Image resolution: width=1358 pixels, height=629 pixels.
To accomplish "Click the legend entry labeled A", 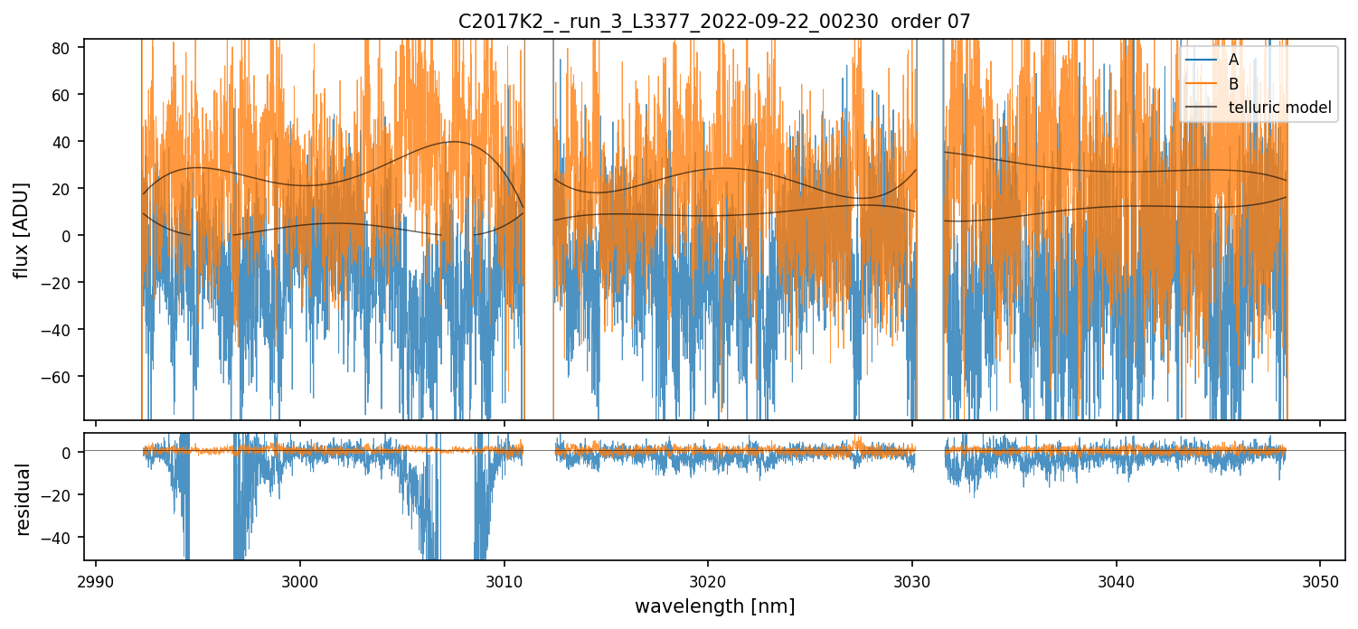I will click(1234, 59).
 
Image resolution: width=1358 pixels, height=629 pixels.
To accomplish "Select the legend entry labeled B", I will click(1234, 83).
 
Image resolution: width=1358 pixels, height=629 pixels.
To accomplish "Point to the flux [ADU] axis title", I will click(21, 230).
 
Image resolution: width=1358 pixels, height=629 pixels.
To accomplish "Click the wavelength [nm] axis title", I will click(714, 606).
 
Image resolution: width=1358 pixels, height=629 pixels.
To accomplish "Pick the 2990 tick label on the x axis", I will click(96, 581).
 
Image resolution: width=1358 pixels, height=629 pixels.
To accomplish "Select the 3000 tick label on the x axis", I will click(300, 581).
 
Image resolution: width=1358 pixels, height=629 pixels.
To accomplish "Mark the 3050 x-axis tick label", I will click(1320, 581).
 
